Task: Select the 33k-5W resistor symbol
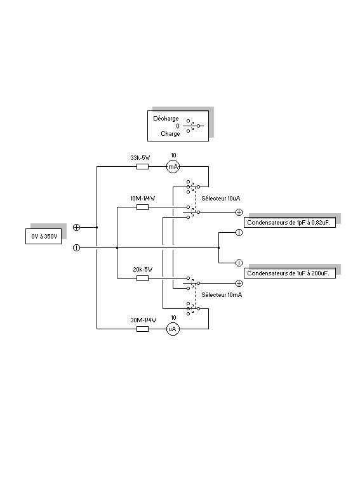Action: pyautogui.click(x=143, y=167)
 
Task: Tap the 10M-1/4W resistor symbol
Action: pyautogui.click(x=143, y=207)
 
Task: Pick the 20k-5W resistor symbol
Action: pyautogui.click(x=143, y=279)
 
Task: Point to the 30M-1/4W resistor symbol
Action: pyautogui.click(x=143, y=329)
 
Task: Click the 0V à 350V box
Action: pyautogui.click(x=43, y=237)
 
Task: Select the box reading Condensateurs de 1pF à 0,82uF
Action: pyautogui.click(x=290, y=223)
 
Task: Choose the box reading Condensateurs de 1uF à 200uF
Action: pyautogui.click(x=290, y=273)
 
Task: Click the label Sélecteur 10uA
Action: pyautogui.click(x=221, y=199)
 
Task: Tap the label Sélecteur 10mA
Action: pyautogui.click(x=222, y=295)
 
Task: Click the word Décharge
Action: pyautogui.click(x=166, y=119)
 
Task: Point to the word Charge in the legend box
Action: pyautogui.click(x=170, y=134)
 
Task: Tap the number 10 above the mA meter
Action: pyautogui.click(x=173, y=155)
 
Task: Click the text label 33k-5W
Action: pyautogui.click(x=140, y=158)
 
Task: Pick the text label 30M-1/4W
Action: pyautogui.click(x=143, y=320)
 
